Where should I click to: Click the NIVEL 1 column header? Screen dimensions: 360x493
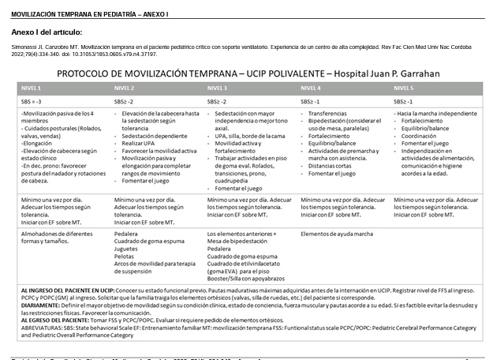coord(32,88)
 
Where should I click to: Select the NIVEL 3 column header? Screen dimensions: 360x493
coord(218,88)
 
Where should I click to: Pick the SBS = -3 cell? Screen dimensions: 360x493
coord(32,103)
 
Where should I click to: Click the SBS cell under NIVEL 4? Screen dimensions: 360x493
coord(311,103)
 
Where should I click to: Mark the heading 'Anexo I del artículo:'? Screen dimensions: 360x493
coord(47,32)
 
